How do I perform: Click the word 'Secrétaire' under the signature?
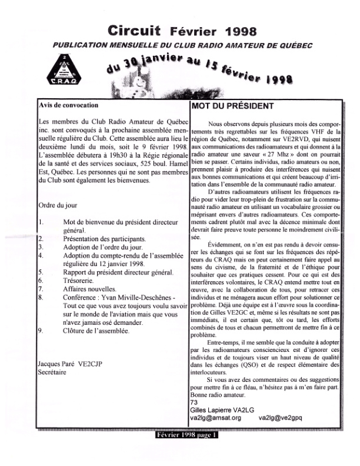click(x=51, y=372)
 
